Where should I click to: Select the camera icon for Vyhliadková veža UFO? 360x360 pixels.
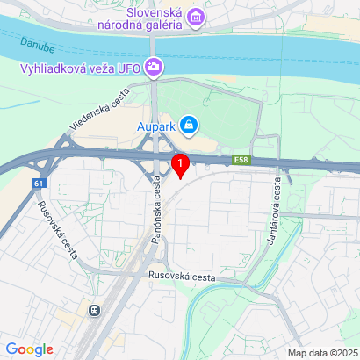point(155,66)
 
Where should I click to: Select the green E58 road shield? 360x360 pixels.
point(242,160)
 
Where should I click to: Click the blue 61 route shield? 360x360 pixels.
point(38,183)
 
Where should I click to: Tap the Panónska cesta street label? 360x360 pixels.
point(156,212)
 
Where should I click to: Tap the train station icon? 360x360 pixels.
point(92,310)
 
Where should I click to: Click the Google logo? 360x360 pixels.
point(29,349)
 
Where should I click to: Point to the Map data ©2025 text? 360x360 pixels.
point(321,353)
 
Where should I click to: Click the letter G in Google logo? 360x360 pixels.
point(11,349)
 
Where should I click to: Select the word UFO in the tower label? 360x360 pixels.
point(128,67)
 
